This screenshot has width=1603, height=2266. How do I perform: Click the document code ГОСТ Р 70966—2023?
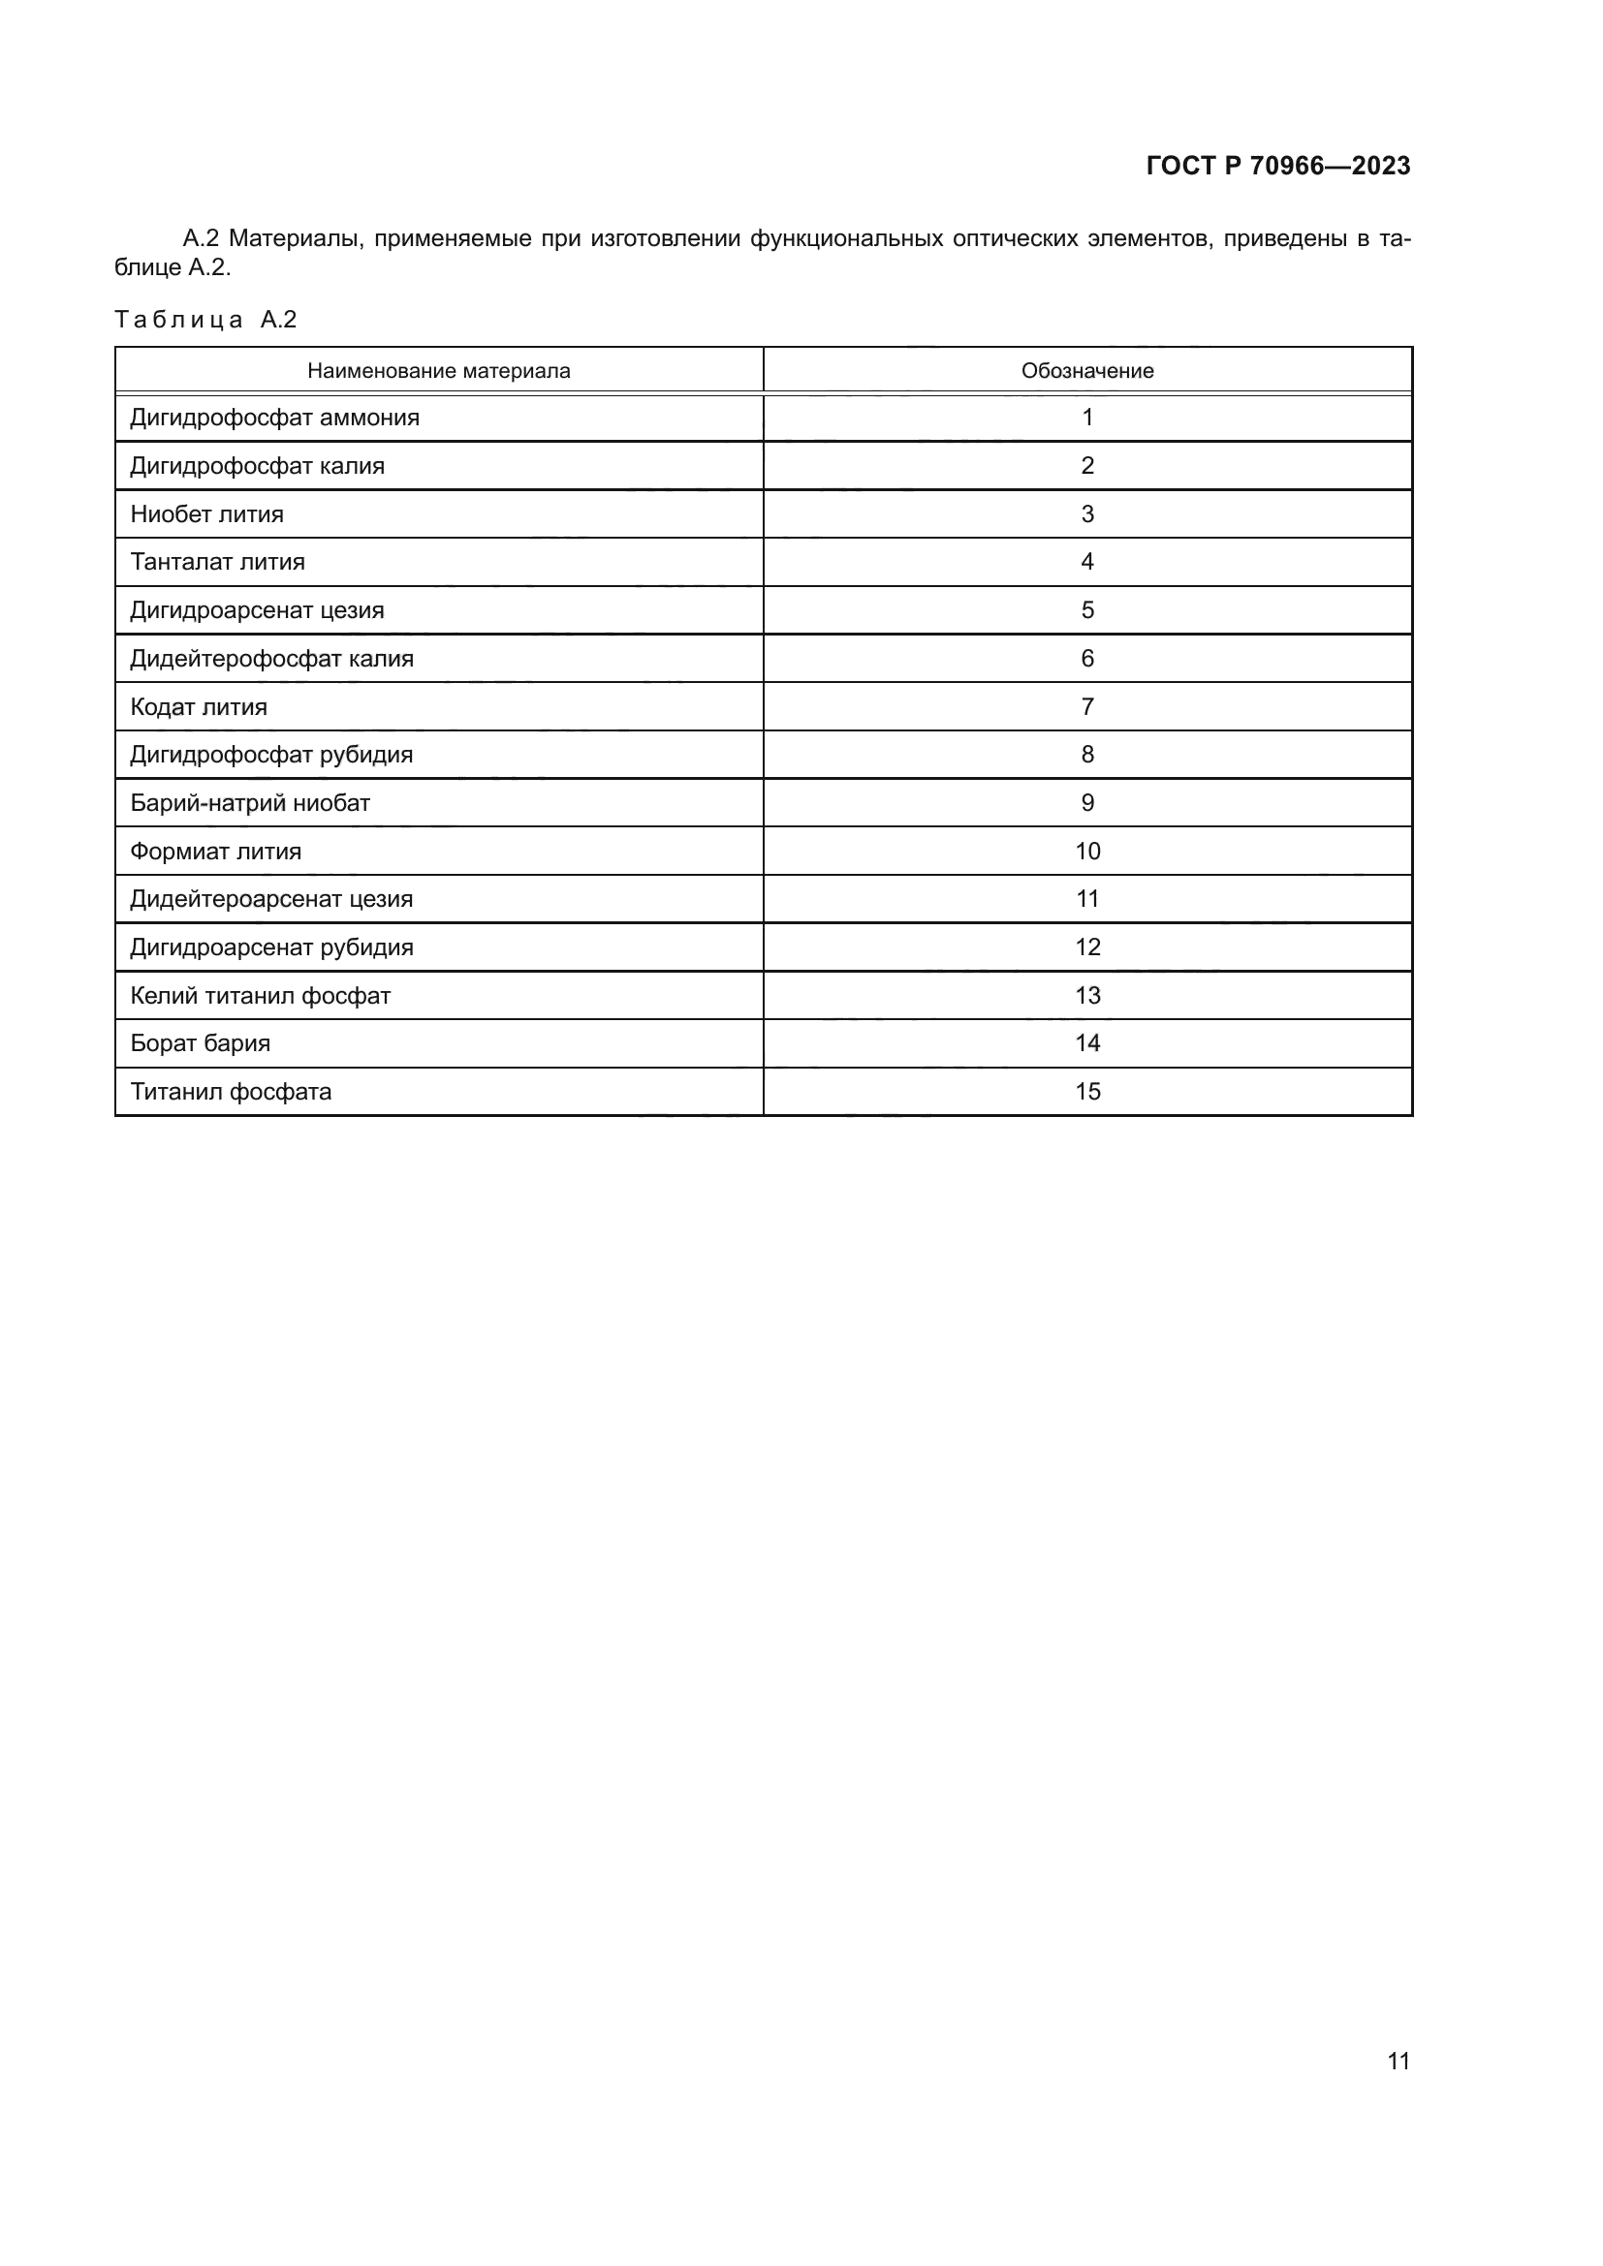[x=1278, y=166]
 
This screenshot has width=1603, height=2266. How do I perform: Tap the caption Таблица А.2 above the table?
[x=205, y=320]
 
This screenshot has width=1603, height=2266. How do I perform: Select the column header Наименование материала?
[x=438, y=371]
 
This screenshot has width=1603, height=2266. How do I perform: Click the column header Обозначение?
[x=1086, y=371]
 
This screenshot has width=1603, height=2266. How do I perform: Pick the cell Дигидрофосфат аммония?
[x=274, y=418]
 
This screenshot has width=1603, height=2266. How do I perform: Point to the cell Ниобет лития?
[x=206, y=514]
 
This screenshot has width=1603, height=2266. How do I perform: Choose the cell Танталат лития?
[x=217, y=562]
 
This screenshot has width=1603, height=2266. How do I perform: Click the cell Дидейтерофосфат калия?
[x=271, y=658]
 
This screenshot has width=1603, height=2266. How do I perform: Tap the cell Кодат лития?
[x=199, y=706]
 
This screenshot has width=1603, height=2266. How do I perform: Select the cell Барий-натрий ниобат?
[x=250, y=803]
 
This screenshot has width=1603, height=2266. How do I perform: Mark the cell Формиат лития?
[x=215, y=851]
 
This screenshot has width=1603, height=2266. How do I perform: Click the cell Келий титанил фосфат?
[x=260, y=996]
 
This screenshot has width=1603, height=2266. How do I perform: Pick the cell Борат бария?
[x=200, y=1043]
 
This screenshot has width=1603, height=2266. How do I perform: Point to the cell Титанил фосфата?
[x=230, y=1092]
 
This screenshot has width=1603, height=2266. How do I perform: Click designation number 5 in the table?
[x=1086, y=610]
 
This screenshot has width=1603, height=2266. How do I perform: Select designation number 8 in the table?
[x=1086, y=755]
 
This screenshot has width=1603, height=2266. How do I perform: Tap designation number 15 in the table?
[x=1086, y=1092]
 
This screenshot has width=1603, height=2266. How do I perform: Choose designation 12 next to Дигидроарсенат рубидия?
[x=1086, y=947]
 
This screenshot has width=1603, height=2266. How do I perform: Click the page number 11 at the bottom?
[x=1398, y=2061]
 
